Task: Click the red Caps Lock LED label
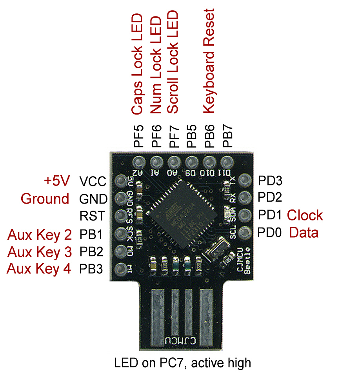click(x=137, y=65)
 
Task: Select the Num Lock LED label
click(x=156, y=65)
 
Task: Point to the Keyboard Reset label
click(x=209, y=61)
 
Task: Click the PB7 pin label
click(x=228, y=136)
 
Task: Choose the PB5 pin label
click(x=191, y=136)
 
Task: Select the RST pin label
click(x=92, y=216)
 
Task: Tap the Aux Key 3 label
click(x=39, y=252)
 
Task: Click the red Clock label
click(x=305, y=215)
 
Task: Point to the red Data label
click(x=304, y=233)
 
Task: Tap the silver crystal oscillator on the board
click(x=214, y=250)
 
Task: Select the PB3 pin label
click(x=92, y=269)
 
